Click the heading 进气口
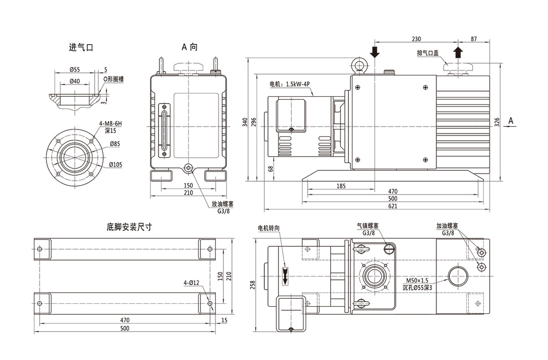click(x=81, y=47)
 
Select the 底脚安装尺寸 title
click(x=129, y=227)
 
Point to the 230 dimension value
click(x=416, y=39)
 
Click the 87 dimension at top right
click(x=473, y=39)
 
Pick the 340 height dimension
click(x=245, y=122)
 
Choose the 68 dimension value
click(x=271, y=169)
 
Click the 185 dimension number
click(x=341, y=186)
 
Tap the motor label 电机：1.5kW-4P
click(x=289, y=84)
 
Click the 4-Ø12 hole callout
click(x=191, y=282)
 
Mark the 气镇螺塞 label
click(x=368, y=226)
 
